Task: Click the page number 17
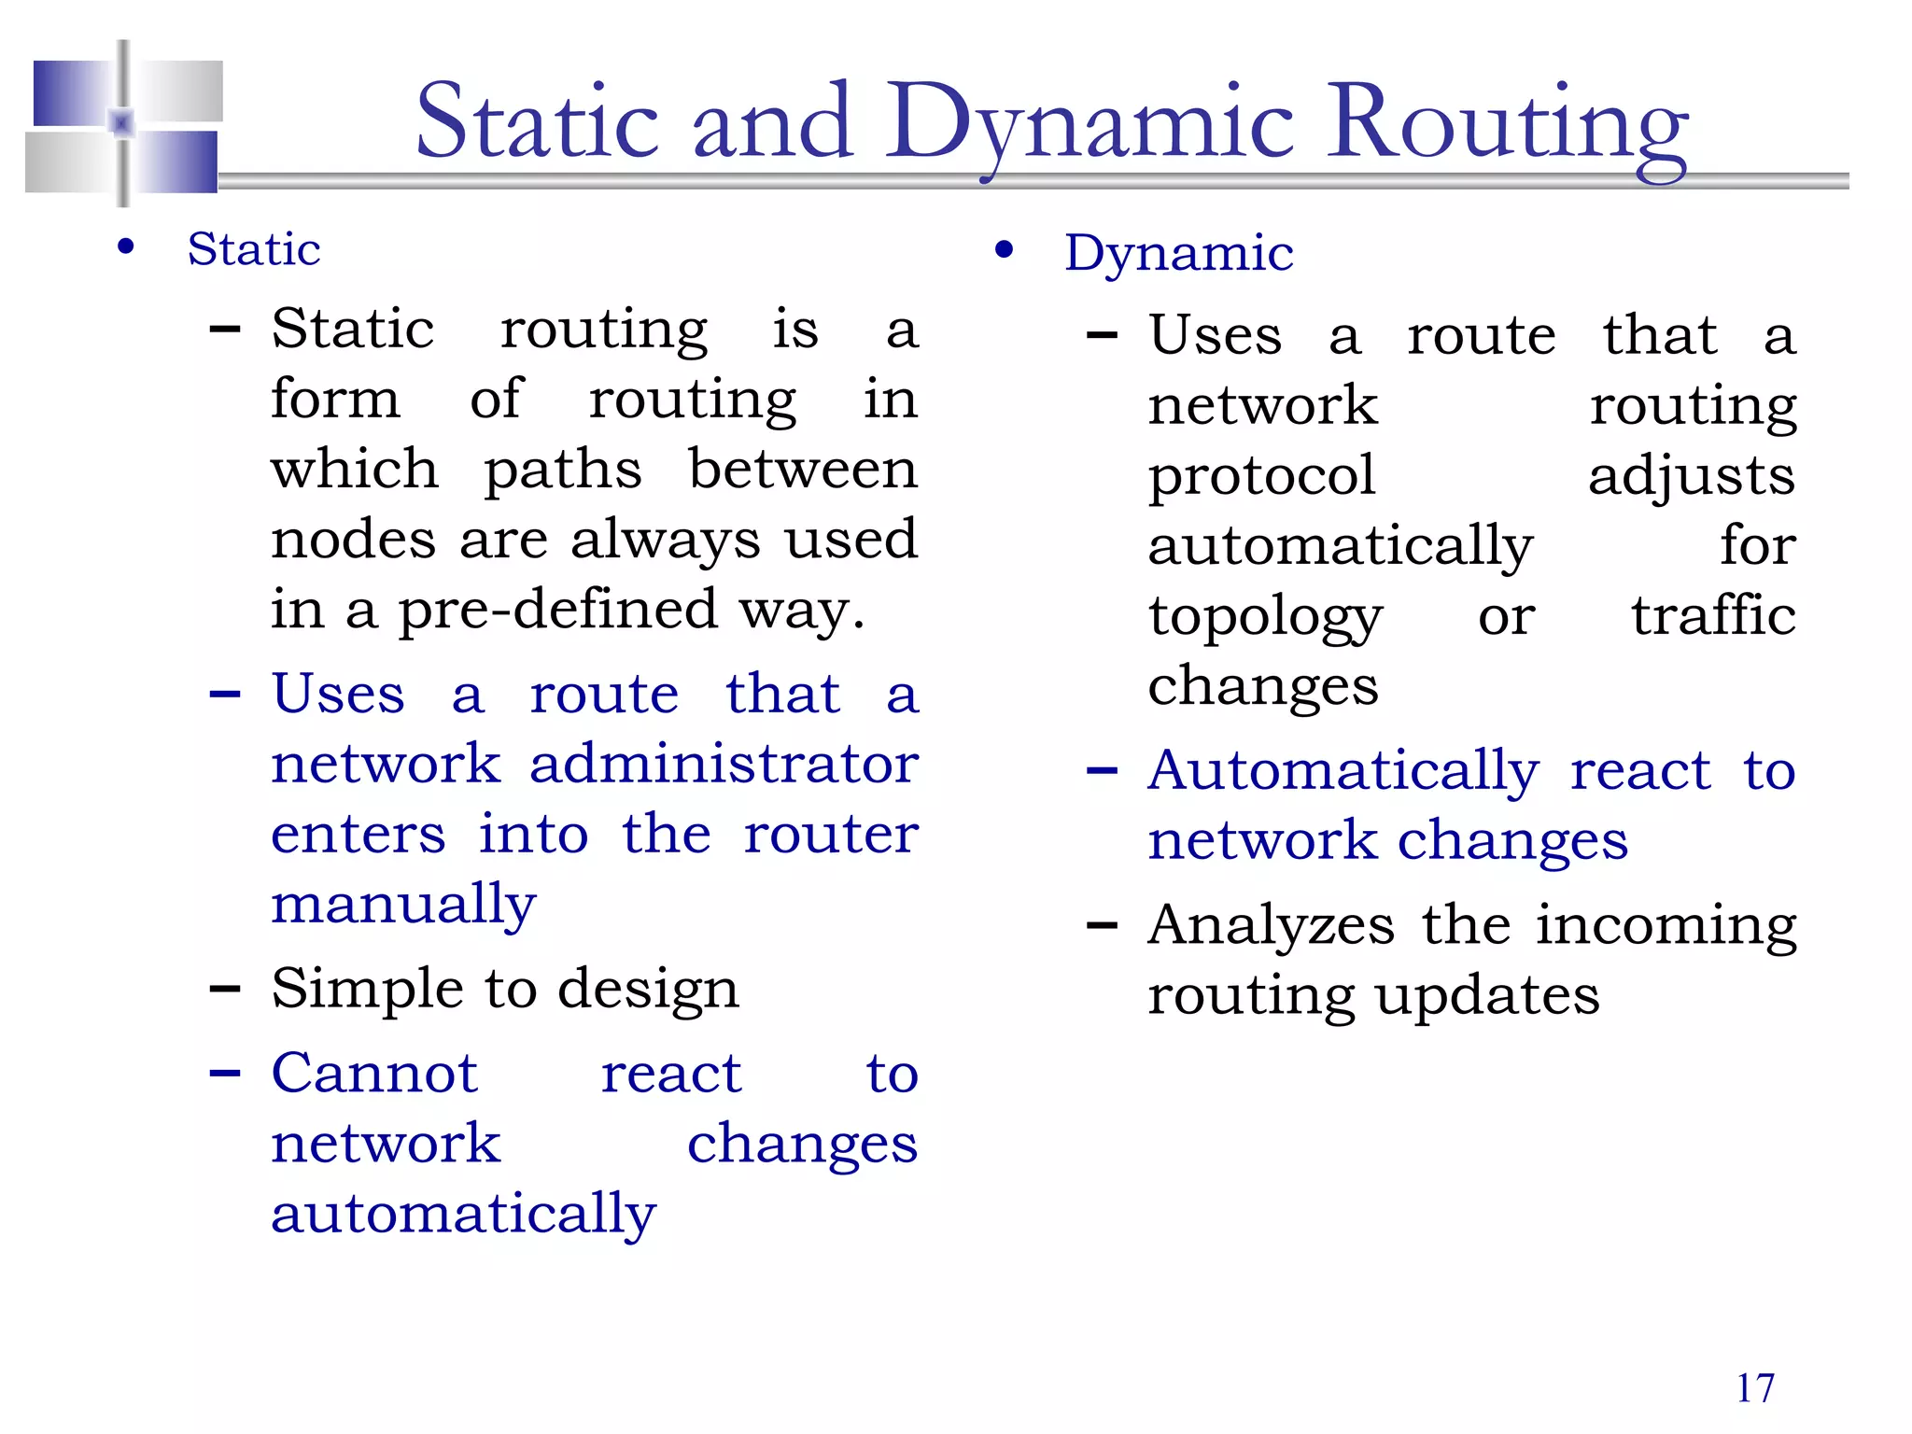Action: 1754,1388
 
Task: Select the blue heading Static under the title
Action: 254,249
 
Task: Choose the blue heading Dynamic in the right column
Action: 1178,253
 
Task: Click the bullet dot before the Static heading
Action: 126,247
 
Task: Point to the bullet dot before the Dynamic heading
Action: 1004,249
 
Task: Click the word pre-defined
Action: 558,610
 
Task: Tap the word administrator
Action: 724,764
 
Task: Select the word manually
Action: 403,905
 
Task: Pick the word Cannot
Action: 374,1074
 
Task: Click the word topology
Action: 1265,618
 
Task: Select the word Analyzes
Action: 1271,926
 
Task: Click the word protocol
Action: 1261,476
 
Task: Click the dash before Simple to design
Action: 225,988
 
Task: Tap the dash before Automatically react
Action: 1102,770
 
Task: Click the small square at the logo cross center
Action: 122,122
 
